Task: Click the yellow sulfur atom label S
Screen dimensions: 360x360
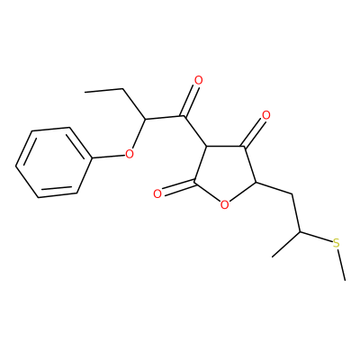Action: (x=337, y=243)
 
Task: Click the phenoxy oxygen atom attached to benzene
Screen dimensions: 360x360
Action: (x=129, y=155)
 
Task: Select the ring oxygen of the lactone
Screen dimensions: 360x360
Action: (x=224, y=205)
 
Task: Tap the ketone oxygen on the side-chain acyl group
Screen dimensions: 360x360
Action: (x=198, y=80)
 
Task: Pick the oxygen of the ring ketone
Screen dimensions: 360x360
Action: (x=265, y=115)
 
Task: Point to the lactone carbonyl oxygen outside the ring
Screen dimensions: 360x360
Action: (x=157, y=193)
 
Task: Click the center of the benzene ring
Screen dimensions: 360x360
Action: (x=53, y=162)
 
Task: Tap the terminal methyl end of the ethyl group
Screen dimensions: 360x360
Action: (x=85, y=92)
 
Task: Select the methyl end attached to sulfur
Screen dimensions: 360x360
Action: (x=345, y=281)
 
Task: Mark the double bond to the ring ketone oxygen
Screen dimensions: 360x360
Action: (x=254, y=132)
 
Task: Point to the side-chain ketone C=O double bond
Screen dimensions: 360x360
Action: (x=190, y=101)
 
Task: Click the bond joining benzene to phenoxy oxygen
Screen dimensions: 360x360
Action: (x=107, y=157)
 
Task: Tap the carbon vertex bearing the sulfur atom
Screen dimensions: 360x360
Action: (x=300, y=232)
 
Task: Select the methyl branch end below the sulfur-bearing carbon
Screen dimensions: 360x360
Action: (x=273, y=256)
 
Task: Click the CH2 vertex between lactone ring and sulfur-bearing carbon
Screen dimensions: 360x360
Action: (x=292, y=195)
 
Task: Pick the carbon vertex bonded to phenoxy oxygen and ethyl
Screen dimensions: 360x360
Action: (x=145, y=120)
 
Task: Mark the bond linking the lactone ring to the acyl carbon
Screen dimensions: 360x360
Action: (x=194, y=131)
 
